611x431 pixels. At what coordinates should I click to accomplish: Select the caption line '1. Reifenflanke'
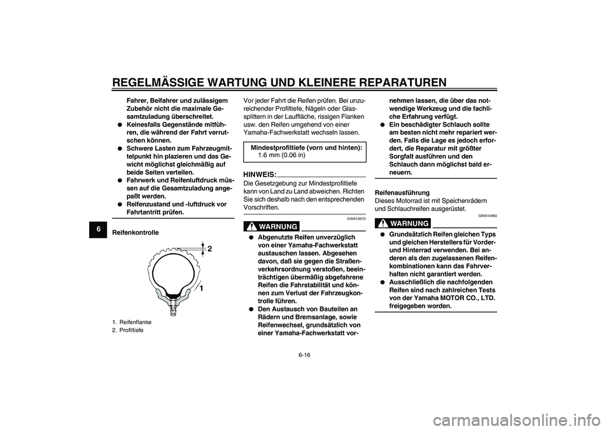point(136,322)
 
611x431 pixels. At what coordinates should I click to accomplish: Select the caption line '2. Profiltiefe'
point(133,331)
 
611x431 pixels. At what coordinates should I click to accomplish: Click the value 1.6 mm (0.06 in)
point(281,154)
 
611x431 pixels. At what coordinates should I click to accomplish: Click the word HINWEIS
point(260,174)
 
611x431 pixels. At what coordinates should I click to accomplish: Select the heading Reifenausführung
point(402,192)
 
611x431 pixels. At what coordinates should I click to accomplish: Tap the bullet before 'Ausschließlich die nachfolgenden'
point(383,281)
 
